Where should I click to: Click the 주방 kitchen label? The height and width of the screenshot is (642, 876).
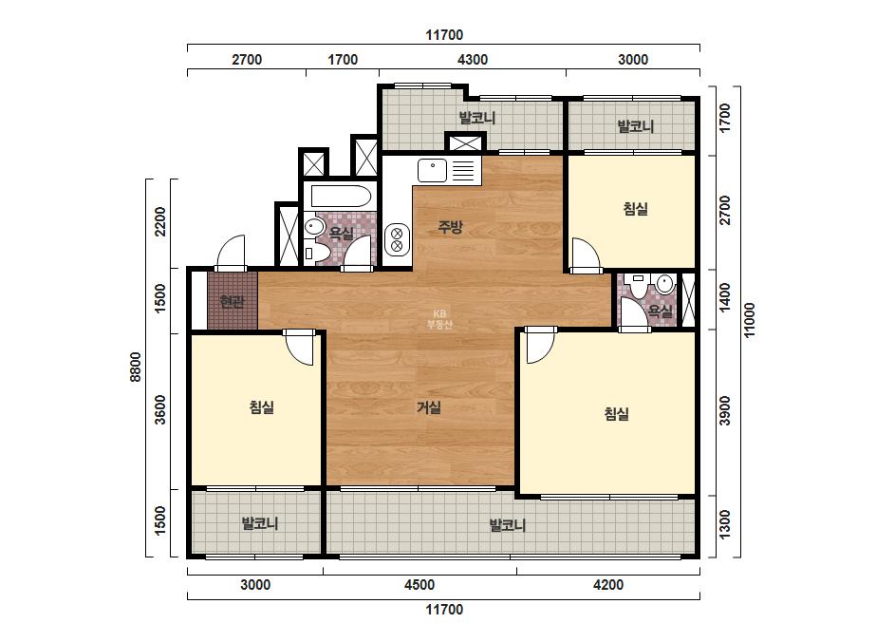pos(450,226)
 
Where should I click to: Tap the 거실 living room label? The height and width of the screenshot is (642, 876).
pos(429,407)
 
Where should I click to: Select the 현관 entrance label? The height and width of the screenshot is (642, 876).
pos(232,302)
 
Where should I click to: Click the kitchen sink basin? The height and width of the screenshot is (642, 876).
pos(432,170)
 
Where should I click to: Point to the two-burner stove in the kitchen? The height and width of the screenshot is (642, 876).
pos(398,238)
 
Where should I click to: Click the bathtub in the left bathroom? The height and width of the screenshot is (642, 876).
pos(341,197)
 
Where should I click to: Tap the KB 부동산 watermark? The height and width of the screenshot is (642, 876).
pos(439,319)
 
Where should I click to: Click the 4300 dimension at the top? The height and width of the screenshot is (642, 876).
pos(473,59)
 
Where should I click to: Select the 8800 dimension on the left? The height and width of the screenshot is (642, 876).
pos(136,367)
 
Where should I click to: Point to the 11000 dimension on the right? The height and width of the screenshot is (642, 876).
pos(749,320)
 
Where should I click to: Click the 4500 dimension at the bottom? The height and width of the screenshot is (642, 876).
pos(419,584)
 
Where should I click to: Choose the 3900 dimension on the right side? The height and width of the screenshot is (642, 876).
pos(724,410)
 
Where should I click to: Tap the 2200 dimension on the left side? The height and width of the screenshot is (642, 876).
pos(160,221)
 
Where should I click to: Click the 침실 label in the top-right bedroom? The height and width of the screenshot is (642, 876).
pos(636,209)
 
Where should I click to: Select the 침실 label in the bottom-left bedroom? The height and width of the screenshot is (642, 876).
pos(261,406)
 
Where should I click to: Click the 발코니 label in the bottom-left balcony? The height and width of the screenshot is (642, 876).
pos(260,523)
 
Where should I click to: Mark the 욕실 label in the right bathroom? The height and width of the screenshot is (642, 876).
pos(661,311)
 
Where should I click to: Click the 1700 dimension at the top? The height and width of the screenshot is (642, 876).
pos(343,59)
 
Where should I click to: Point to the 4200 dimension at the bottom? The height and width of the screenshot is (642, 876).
pos(608,584)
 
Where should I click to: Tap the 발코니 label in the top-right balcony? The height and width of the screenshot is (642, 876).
pos(636,126)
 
